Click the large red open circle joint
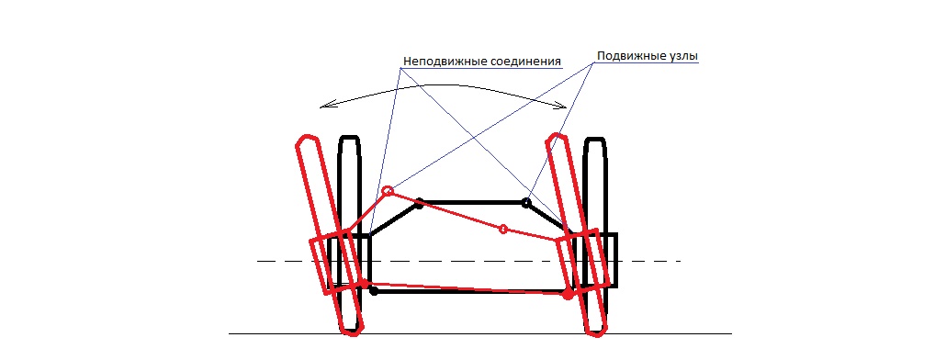(388, 191)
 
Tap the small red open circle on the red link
(503, 229)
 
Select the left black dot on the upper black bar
(419, 203)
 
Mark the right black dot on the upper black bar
(526, 203)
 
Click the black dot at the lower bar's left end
(374, 291)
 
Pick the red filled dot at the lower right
(569, 294)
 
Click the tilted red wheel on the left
(329, 234)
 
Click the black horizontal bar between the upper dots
(472, 203)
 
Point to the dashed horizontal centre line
(468, 261)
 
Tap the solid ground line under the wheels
(480, 333)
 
